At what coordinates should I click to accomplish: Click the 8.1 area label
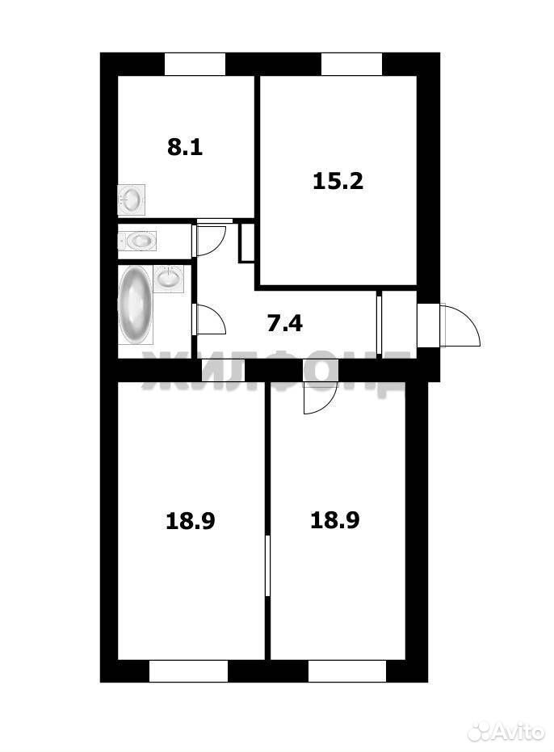point(185,147)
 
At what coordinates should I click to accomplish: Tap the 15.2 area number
point(338,181)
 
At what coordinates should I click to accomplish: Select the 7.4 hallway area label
point(284,323)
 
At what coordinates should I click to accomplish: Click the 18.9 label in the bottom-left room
point(190,521)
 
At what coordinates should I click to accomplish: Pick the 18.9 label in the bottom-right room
point(335,520)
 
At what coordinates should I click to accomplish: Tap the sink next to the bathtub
point(169,278)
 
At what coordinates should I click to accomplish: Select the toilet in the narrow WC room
point(137,240)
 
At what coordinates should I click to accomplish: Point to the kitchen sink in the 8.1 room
point(132,199)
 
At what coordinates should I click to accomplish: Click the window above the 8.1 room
point(195,65)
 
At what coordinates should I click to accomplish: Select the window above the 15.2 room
point(351,65)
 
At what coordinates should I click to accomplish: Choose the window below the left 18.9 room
point(188,671)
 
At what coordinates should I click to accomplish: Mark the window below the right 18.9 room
point(347,671)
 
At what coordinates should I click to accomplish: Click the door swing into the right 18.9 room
point(321,397)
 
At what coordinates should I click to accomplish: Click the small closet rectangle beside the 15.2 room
point(246,242)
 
